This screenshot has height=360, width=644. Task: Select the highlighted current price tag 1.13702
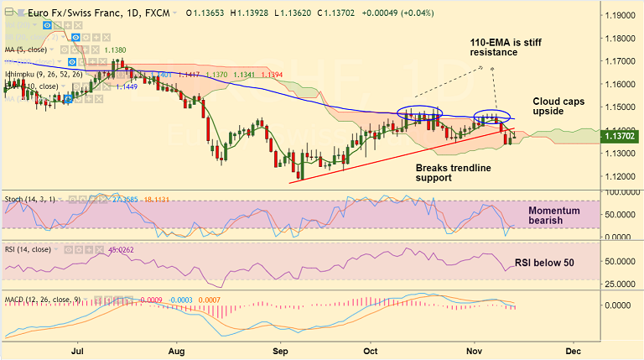621,136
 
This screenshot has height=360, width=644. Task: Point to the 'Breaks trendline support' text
454,173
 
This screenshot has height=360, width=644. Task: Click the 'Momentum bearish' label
553,215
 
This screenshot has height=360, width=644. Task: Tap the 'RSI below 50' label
544,263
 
